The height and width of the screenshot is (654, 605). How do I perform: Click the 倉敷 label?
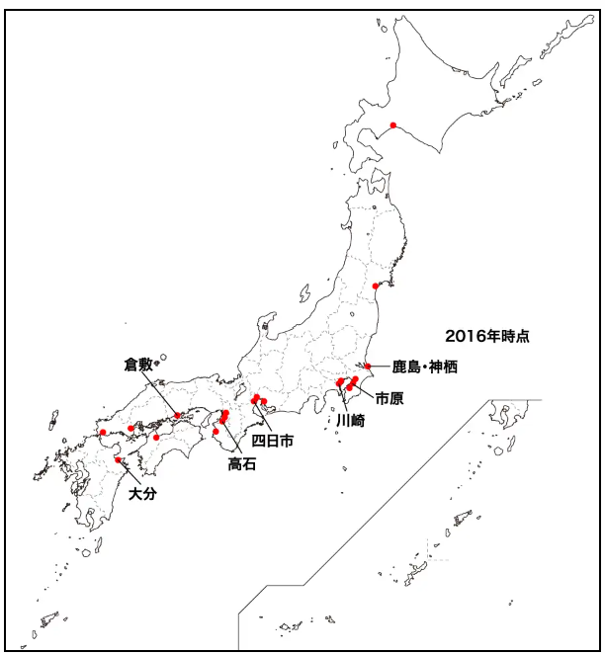(139, 364)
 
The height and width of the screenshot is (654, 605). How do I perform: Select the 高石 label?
(242, 463)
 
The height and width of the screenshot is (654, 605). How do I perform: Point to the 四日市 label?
(272, 441)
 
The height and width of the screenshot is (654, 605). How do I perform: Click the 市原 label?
(389, 397)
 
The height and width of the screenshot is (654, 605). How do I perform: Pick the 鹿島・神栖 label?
(425, 368)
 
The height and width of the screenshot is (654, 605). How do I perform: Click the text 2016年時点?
(486, 336)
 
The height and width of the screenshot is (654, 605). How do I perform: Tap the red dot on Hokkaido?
(393, 125)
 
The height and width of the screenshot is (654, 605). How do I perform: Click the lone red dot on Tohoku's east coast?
(375, 286)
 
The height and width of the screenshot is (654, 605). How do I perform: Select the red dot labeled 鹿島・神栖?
(367, 367)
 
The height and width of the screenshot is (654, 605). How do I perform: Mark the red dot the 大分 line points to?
(118, 459)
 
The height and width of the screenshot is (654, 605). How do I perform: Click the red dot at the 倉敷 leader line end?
(178, 416)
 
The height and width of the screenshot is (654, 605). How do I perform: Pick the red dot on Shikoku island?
(156, 437)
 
